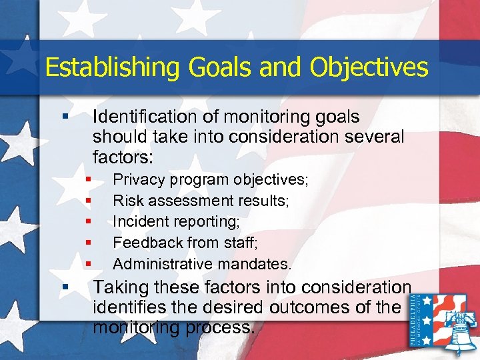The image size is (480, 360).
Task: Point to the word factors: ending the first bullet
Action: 123,157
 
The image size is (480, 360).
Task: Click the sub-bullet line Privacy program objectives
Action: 211,180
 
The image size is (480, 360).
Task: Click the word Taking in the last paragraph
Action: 117,287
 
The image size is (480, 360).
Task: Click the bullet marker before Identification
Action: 65,117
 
